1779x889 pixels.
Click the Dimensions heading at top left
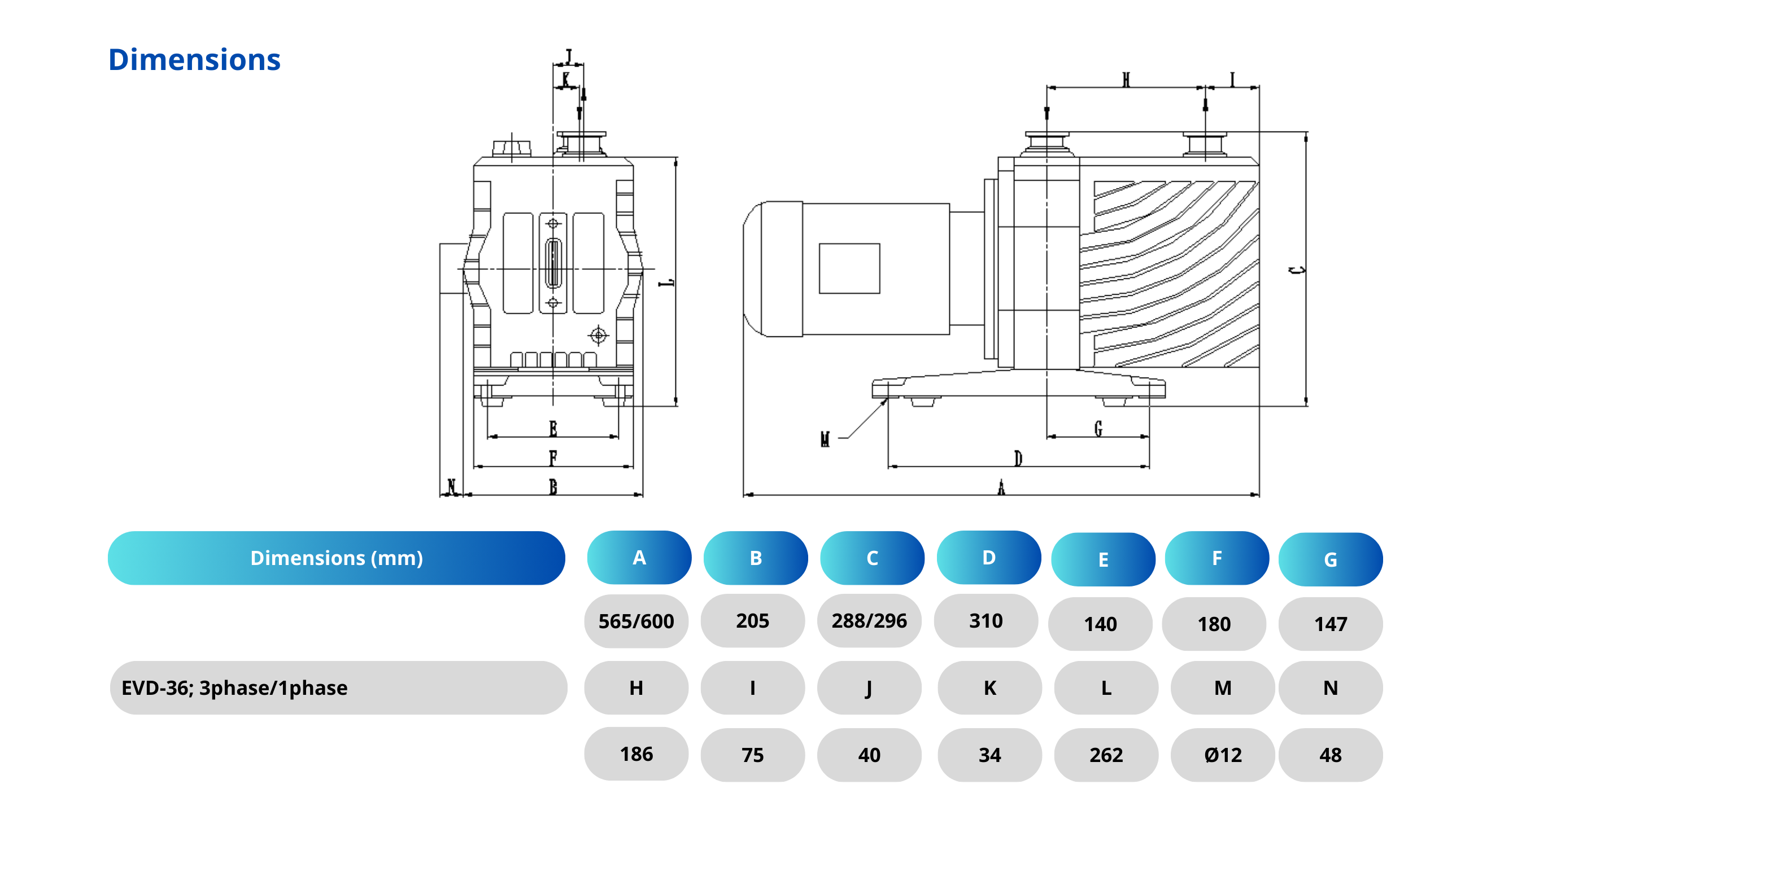tap(194, 60)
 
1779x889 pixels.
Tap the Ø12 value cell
tap(1222, 755)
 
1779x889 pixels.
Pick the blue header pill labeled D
tap(988, 558)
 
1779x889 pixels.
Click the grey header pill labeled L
tap(1106, 688)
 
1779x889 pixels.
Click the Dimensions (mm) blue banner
tap(337, 558)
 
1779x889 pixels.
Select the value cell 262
tap(1106, 755)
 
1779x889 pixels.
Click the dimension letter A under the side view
tap(1001, 488)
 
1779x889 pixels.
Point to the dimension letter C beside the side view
tap(1298, 270)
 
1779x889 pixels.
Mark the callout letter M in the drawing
tap(825, 439)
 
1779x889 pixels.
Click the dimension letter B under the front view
tap(553, 487)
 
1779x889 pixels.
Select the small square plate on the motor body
tap(849, 269)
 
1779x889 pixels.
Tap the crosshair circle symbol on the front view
tap(598, 335)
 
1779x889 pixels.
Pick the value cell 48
tap(1330, 755)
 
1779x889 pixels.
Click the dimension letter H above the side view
tap(1126, 80)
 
